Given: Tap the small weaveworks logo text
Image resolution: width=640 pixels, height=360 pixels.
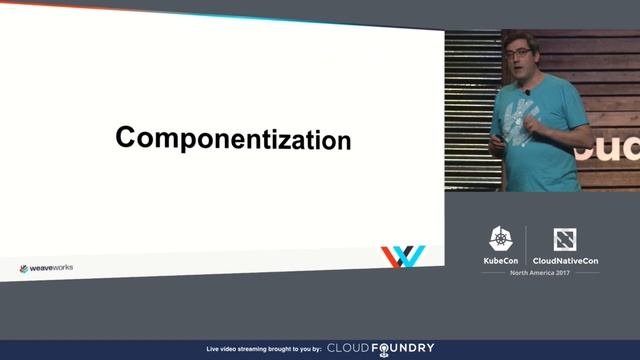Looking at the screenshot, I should pos(46,268).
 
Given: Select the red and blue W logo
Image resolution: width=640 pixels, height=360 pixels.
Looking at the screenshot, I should pos(402,257).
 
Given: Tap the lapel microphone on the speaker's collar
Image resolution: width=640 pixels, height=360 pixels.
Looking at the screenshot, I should pos(527,92).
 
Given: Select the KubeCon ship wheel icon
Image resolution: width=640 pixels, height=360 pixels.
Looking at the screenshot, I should pos(501,238).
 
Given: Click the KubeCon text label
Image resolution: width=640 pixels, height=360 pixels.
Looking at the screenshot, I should pos(501,260).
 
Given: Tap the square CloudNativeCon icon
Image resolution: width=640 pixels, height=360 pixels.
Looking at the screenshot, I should pos(565,239).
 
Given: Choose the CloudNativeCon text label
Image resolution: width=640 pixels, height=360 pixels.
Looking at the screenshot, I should pos(565,260).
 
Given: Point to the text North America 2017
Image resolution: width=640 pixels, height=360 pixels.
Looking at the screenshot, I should pos(532,273).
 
